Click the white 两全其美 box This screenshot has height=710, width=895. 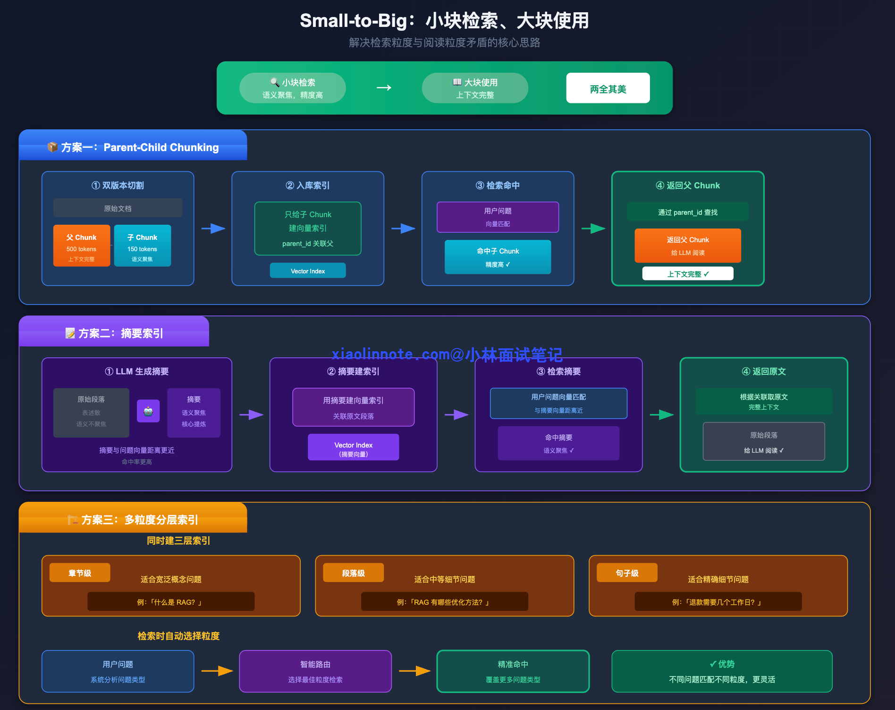pyautogui.click(x=608, y=88)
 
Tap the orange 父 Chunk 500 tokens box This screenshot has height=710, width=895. pyautogui.click(x=82, y=246)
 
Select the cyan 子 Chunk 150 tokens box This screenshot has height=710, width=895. pyautogui.click(x=142, y=246)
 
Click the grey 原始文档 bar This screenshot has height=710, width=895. pyautogui.click(x=118, y=208)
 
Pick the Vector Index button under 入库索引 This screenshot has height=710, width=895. pyautogui.click(x=308, y=271)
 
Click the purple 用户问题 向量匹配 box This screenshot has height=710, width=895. pyautogui.click(x=498, y=217)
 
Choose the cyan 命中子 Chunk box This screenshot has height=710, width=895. pyautogui.click(x=498, y=257)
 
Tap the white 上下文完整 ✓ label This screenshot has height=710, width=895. pyautogui.click(x=687, y=274)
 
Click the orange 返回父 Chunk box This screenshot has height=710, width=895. pyautogui.click(x=687, y=245)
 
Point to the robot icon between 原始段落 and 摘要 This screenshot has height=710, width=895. pyautogui.click(x=148, y=411)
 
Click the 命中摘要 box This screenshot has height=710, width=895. pyautogui.click(x=558, y=443)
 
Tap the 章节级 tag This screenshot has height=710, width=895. pyautogui.click(x=80, y=573)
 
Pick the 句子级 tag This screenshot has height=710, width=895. pyautogui.click(x=627, y=573)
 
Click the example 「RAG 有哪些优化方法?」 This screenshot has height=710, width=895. pyautogui.click(x=444, y=602)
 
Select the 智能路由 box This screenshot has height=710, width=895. pyautogui.click(x=315, y=671)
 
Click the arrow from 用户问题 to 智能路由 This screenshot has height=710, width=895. pyautogui.click(x=217, y=671)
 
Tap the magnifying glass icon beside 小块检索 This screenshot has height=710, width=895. pyautogui.click(x=274, y=82)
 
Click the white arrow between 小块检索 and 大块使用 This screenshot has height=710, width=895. pyautogui.click(x=384, y=88)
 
